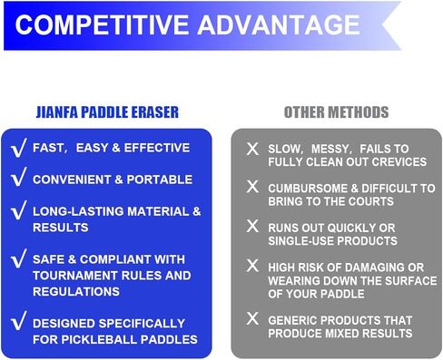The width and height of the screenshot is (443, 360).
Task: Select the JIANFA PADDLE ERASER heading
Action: tap(113, 112)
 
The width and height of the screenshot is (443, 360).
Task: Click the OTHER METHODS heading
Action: tap(336, 112)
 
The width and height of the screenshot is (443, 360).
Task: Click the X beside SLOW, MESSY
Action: tap(252, 148)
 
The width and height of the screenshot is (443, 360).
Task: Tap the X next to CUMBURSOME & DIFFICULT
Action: tap(252, 187)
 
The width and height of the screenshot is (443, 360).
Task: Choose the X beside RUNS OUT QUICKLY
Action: tap(252, 226)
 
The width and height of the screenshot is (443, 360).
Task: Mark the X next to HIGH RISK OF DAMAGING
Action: tap(252, 266)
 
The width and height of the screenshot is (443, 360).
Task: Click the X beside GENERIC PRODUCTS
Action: tap(252, 319)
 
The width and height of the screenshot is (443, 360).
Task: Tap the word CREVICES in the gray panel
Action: tap(395, 161)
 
